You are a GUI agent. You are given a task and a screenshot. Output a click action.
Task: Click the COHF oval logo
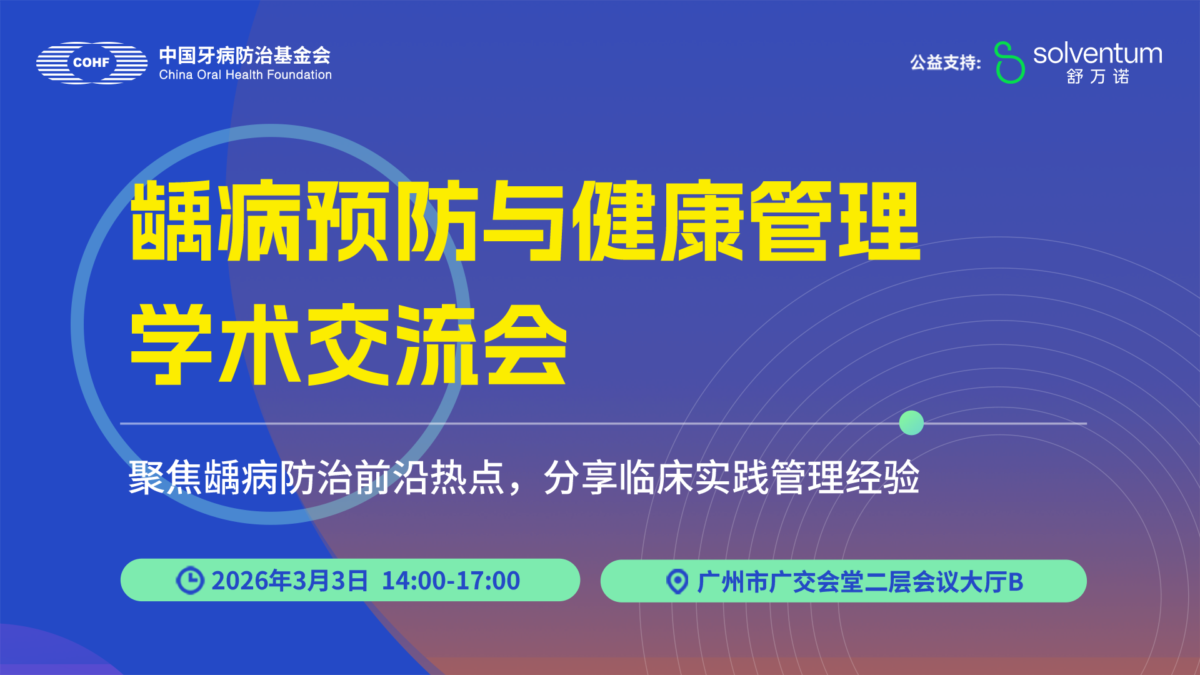(x=92, y=62)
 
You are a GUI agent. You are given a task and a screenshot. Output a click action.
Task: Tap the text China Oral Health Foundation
(x=245, y=75)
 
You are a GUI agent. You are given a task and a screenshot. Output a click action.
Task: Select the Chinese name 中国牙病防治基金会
(x=244, y=55)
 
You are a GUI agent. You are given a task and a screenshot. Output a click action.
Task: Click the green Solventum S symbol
(x=1009, y=62)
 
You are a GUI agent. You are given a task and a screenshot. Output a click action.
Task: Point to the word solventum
(x=1097, y=54)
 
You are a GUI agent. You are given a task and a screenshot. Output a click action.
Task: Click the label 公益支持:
(x=945, y=62)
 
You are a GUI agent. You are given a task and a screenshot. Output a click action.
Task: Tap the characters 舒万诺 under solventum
(x=1097, y=77)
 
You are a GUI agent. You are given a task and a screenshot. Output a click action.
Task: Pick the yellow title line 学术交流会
(x=348, y=345)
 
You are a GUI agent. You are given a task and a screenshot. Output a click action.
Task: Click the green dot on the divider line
(x=911, y=423)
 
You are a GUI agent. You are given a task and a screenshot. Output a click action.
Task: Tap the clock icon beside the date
(x=190, y=581)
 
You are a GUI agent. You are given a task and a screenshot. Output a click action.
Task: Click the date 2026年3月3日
(x=289, y=581)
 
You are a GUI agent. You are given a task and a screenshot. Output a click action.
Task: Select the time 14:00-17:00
(x=451, y=581)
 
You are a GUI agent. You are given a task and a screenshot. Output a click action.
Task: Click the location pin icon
(x=677, y=582)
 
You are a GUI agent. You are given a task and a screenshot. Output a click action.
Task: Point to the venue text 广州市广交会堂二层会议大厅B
(x=860, y=582)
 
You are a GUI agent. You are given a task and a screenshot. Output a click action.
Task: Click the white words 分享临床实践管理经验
(x=731, y=478)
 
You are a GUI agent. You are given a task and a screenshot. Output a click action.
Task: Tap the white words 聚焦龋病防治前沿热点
(x=316, y=478)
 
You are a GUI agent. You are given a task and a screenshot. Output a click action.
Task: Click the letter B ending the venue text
(x=1016, y=582)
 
